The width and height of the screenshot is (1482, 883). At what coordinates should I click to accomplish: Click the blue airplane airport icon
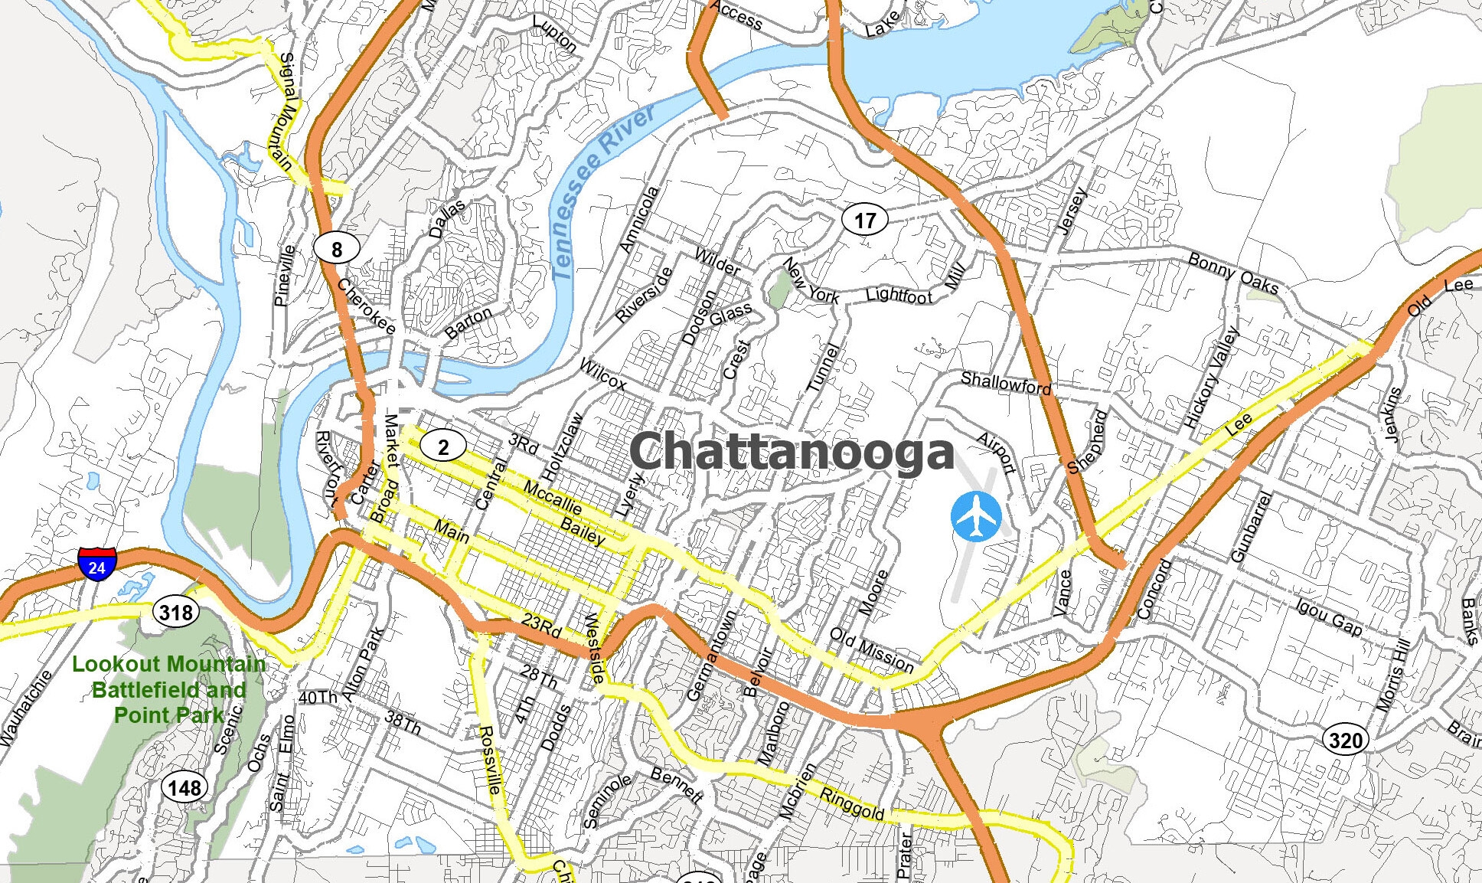pyautogui.click(x=976, y=517)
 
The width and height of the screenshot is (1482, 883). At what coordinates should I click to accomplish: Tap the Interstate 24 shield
pyautogui.click(x=96, y=564)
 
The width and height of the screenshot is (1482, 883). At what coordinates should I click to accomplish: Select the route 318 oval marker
pyautogui.click(x=176, y=612)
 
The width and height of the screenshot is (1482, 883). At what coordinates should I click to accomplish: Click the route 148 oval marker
pyautogui.click(x=184, y=787)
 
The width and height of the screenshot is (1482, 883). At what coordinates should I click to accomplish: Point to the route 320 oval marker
pyautogui.click(x=1346, y=740)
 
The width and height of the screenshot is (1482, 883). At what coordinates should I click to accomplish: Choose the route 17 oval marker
pyautogui.click(x=865, y=221)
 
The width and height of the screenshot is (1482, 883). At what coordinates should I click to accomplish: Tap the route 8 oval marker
pyautogui.click(x=336, y=248)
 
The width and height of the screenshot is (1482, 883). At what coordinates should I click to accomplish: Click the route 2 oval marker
pyautogui.click(x=442, y=446)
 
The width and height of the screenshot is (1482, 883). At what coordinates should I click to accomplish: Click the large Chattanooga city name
pyautogui.click(x=792, y=452)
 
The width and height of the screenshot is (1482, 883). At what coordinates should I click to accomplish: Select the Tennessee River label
pyautogui.click(x=602, y=191)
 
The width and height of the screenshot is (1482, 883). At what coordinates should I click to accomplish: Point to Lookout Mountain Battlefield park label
pyautogui.click(x=168, y=689)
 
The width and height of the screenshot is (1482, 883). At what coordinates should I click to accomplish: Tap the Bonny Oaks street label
pyautogui.click(x=1232, y=273)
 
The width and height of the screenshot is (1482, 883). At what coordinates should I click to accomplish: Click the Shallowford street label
pyautogui.click(x=1005, y=383)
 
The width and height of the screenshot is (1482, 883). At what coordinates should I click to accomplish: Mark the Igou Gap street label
pyautogui.click(x=1329, y=617)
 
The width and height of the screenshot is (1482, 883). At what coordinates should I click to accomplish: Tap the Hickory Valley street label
pyautogui.click(x=1211, y=377)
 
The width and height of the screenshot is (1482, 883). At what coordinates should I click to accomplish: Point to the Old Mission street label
pyautogui.click(x=872, y=650)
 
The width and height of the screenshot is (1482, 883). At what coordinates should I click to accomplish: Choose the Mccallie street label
pyautogui.click(x=553, y=498)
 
